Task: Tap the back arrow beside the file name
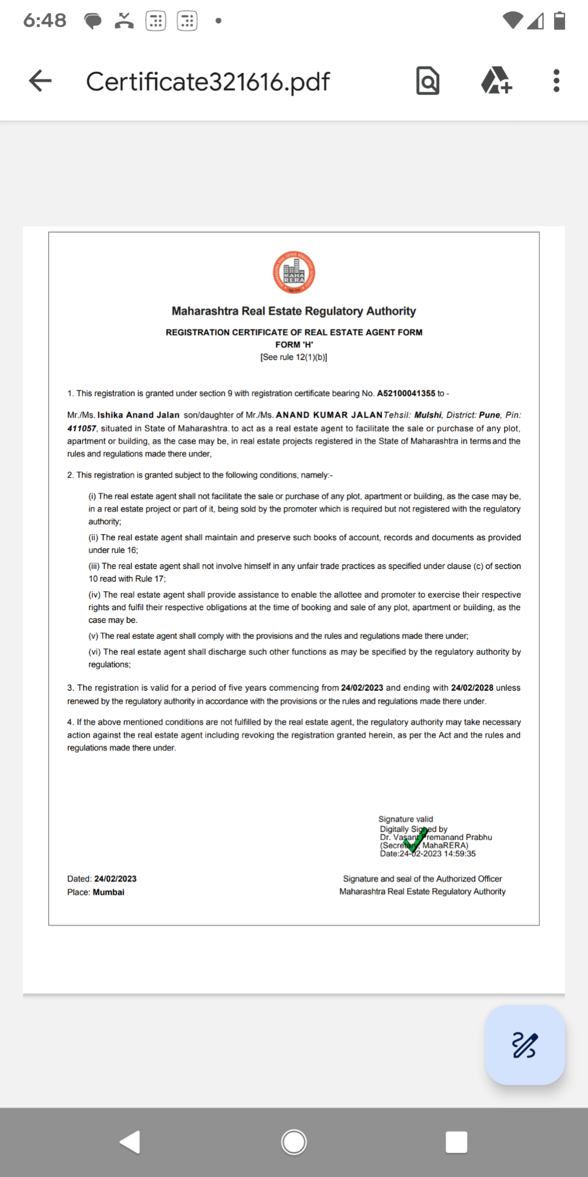(x=40, y=81)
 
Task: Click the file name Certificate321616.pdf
(x=207, y=82)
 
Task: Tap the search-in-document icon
(x=428, y=81)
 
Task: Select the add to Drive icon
(x=496, y=81)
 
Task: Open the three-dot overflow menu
(x=556, y=81)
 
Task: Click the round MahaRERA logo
(x=294, y=272)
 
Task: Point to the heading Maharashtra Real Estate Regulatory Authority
(x=294, y=311)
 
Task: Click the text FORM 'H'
(x=294, y=345)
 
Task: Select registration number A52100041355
(x=406, y=394)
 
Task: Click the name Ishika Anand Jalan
(x=139, y=415)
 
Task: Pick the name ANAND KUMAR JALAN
(x=329, y=415)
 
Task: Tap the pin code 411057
(x=82, y=428)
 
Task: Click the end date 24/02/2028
(x=472, y=688)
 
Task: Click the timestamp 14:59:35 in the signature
(x=460, y=854)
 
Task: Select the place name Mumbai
(x=109, y=893)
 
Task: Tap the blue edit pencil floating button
(x=524, y=1045)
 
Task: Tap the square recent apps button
(x=456, y=1142)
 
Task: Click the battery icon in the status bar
(x=559, y=21)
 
